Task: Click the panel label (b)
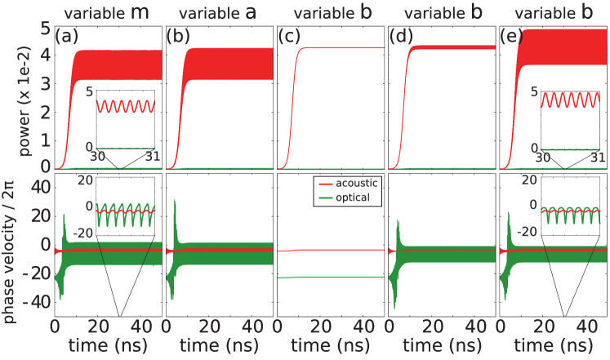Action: coord(177,38)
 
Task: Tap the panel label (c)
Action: coord(289,38)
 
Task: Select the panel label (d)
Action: coord(400,38)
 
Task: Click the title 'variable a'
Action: coord(219,10)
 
